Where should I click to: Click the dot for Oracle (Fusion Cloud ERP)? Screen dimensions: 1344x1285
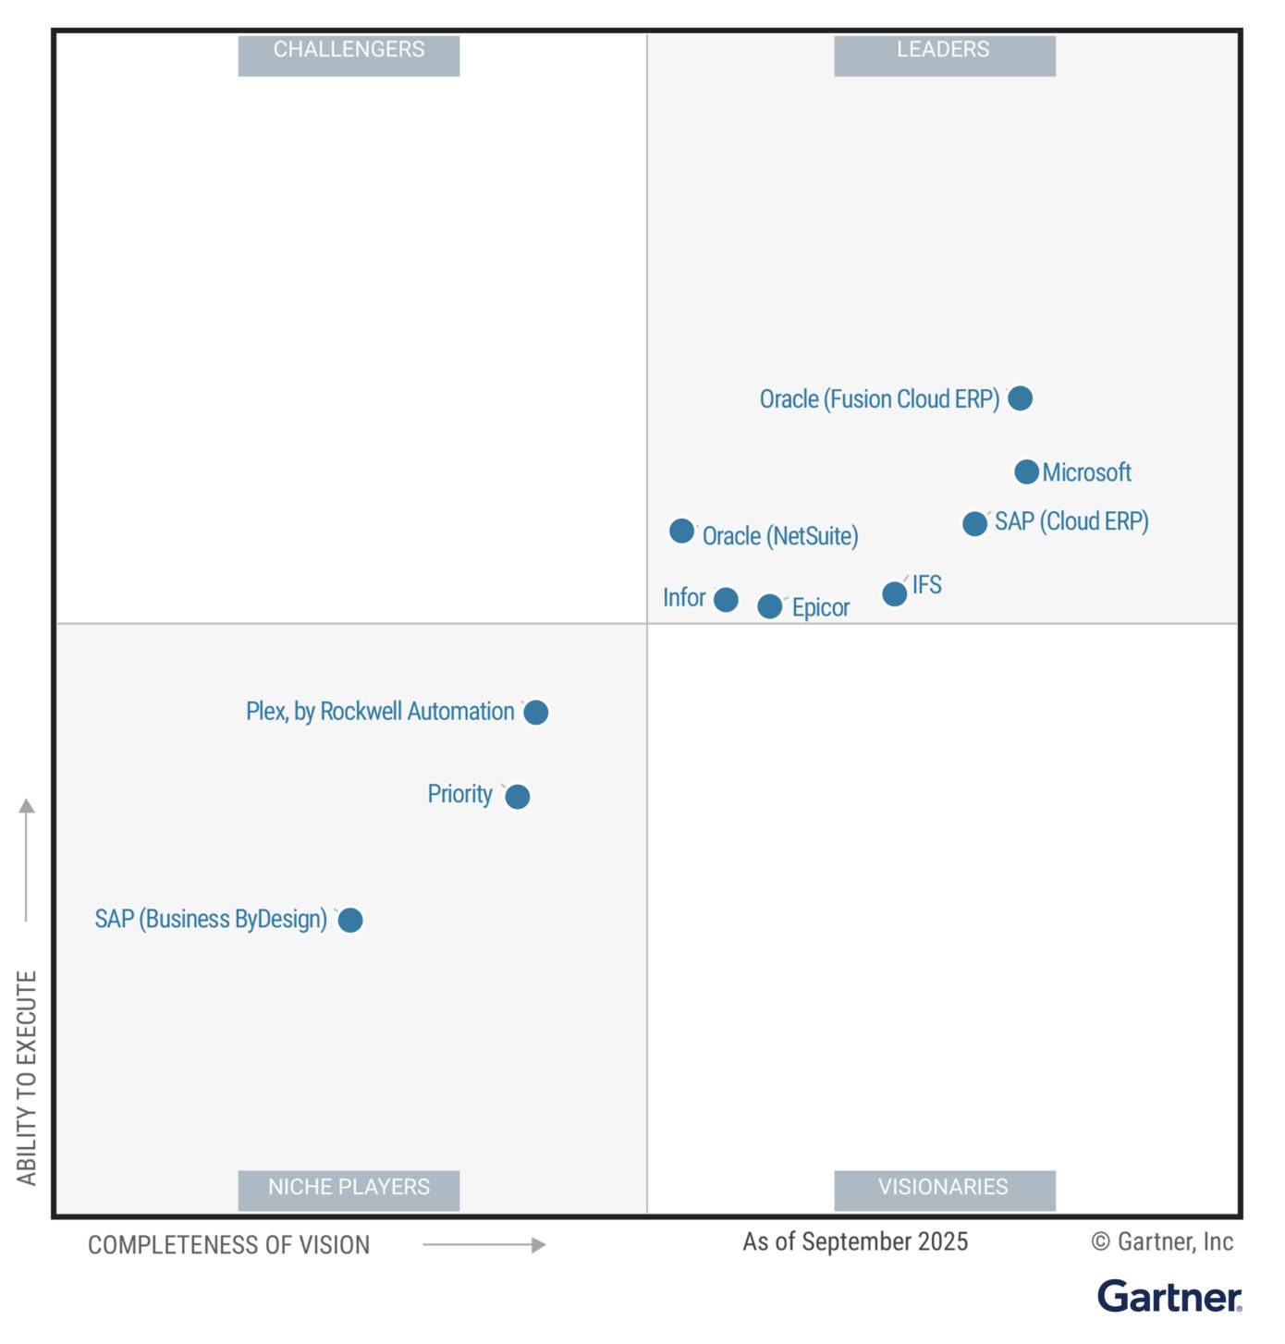point(1020,398)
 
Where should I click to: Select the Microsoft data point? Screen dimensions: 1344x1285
point(1026,472)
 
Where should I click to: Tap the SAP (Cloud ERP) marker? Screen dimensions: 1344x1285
point(974,524)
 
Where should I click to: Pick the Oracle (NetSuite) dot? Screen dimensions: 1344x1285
point(681,531)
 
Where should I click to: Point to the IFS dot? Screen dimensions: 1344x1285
point(894,593)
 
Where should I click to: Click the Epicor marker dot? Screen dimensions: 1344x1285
point(769,606)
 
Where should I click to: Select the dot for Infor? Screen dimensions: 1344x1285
point(726,600)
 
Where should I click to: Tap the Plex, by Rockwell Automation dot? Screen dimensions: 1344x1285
point(535,713)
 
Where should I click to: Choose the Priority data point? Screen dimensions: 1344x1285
point(517,796)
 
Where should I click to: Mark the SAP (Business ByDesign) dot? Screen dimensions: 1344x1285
point(349,920)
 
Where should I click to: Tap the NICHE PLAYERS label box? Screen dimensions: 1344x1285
point(349,1189)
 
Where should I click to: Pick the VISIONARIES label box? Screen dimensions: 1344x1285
point(944,1189)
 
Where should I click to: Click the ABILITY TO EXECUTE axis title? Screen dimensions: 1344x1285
point(27,1077)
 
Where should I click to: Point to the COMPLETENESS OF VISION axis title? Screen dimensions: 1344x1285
point(228,1245)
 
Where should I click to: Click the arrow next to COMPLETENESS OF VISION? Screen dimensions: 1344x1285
point(484,1245)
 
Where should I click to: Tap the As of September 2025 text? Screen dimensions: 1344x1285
point(855,1241)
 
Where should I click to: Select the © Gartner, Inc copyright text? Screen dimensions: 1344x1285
point(1162,1241)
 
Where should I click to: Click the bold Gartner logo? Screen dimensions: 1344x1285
point(1169,1297)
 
